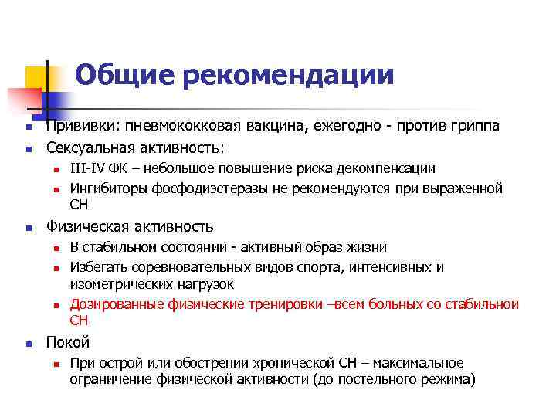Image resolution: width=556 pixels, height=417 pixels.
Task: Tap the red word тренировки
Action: point(284,304)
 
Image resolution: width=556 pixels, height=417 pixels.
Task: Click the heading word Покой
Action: point(68,342)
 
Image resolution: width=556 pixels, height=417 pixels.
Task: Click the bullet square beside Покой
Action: point(28,344)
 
